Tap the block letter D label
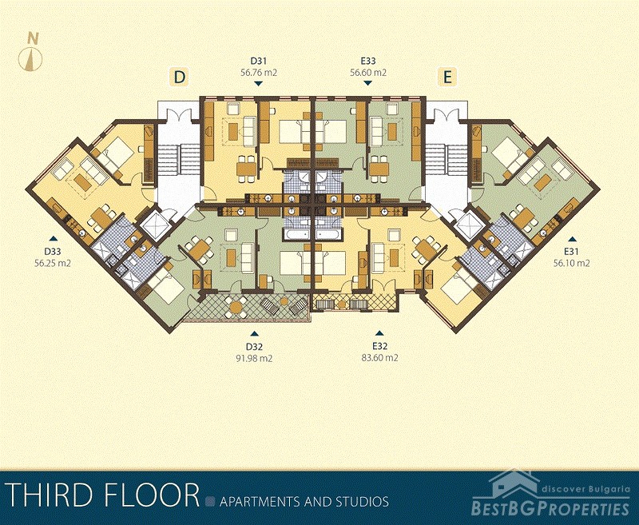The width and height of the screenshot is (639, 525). [x=179, y=77]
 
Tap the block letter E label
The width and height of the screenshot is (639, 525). [x=447, y=77]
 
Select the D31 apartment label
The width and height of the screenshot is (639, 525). [x=258, y=62]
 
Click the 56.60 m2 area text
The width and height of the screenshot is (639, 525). [x=368, y=73]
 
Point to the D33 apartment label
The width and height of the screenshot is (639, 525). [x=53, y=252]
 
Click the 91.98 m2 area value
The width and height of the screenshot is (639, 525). [x=254, y=358]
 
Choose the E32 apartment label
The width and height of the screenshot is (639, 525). [x=379, y=347]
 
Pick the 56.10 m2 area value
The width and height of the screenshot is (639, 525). [x=571, y=264]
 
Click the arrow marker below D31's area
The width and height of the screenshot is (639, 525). [x=258, y=84]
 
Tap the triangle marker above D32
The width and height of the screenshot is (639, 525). [x=254, y=333]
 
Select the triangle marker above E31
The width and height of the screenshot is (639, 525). [x=573, y=239]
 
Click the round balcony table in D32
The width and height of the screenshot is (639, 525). [x=236, y=308]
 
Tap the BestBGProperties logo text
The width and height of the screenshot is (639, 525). [x=550, y=508]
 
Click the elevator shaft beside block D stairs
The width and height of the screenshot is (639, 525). [x=155, y=225]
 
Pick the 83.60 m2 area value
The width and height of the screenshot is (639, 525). [x=380, y=358]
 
